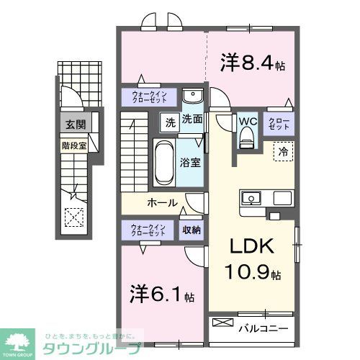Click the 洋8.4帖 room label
click(x=251, y=64)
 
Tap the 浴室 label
click(x=190, y=163)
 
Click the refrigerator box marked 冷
click(x=284, y=152)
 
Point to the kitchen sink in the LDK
click(x=253, y=197)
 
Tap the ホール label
click(x=163, y=203)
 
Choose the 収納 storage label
click(x=191, y=230)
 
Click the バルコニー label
click(x=264, y=328)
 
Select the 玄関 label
click(x=75, y=124)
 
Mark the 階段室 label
click(x=72, y=145)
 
